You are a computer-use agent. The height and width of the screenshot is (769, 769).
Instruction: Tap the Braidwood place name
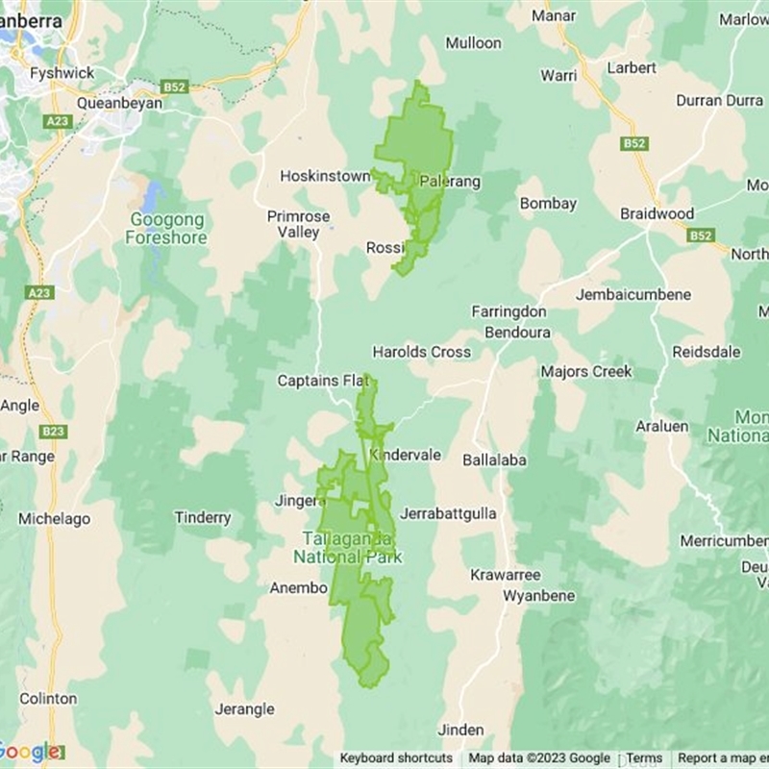point(657,213)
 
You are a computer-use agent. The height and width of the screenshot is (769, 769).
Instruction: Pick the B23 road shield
point(53,432)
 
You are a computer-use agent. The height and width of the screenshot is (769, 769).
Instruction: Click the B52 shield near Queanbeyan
point(174,87)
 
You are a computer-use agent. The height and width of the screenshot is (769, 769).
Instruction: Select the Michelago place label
point(55,518)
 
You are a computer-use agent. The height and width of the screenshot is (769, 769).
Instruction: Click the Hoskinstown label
point(325,176)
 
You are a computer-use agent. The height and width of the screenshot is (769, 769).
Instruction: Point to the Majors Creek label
point(586,371)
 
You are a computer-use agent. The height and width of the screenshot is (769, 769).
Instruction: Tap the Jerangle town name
point(243,709)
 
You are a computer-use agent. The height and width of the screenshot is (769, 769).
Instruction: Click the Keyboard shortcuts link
point(396,758)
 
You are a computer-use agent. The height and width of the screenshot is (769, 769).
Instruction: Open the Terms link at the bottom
point(644,758)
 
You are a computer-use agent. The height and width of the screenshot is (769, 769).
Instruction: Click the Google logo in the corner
point(29,752)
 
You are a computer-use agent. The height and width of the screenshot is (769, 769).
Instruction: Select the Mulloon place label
point(473,42)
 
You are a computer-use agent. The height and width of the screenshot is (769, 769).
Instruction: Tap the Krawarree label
point(505,574)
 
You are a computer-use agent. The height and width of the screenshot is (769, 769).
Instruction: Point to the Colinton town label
point(48,698)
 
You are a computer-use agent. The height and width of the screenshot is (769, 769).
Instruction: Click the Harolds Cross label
point(422,352)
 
